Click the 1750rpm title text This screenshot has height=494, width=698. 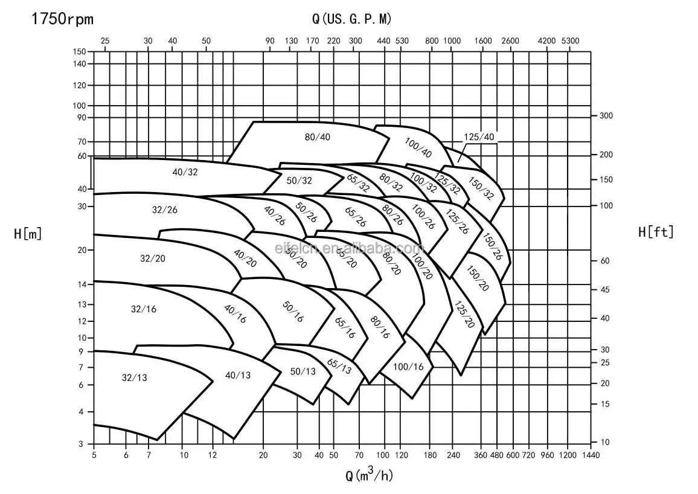[x=63, y=19]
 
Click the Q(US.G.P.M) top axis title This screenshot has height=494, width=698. [x=351, y=19]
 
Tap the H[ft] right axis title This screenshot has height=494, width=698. [x=656, y=232]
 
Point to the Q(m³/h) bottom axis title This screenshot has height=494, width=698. [x=369, y=475]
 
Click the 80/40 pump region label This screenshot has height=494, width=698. [x=318, y=137]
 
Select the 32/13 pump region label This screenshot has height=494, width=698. [x=134, y=378]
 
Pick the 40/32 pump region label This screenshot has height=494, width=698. [x=185, y=172]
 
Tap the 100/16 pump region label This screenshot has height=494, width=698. [x=409, y=367]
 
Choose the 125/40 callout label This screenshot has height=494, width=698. [x=479, y=137]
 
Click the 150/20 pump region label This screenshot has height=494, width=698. [x=477, y=278]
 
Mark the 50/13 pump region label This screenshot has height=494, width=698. [x=303, y=371]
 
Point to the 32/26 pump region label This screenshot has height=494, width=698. [x=164, y=210]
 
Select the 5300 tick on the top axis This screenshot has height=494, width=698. [x=569, y=41]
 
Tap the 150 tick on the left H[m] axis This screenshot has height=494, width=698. [x=79, y=51]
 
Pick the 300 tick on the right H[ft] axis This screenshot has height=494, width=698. [x=606, y=115]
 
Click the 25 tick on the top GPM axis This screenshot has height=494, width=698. [x=105, y=41]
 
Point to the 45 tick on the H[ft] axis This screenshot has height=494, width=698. [x=605, y=290]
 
